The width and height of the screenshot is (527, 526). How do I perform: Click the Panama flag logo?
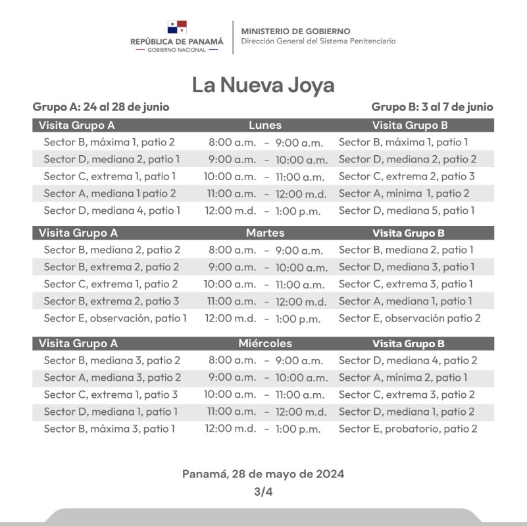[177, 27]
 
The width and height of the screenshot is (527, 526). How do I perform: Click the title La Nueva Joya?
[263, 85]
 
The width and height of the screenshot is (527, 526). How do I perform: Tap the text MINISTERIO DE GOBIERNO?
[295, 31]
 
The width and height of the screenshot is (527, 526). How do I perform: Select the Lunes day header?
[265, 125]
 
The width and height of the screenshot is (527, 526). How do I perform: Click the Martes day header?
[264, 233]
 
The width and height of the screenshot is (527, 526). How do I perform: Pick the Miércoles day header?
[264, 343]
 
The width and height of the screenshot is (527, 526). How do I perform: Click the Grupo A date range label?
[101, 107]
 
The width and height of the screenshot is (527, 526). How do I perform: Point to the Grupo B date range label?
[432, 107]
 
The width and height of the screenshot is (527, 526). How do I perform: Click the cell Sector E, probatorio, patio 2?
[408, 429]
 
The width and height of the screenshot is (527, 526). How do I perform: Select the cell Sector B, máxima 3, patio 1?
[109, 429]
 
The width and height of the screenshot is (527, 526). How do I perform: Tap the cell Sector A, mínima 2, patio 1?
[403, 377]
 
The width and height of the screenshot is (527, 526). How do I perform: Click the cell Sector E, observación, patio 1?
[115, 318]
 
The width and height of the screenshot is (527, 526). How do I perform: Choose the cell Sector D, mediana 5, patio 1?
[407, 210]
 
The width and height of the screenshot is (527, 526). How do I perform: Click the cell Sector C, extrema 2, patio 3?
[407, 176]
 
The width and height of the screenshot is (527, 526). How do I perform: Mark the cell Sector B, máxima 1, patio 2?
[109, 142]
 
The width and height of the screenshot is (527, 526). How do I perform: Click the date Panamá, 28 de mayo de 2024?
[263, 473]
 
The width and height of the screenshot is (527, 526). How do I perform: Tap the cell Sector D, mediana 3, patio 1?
[407, 267]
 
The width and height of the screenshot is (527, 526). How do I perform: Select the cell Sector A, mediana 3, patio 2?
[112, 377]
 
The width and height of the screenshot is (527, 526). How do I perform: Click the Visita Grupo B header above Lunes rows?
[410, 125]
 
